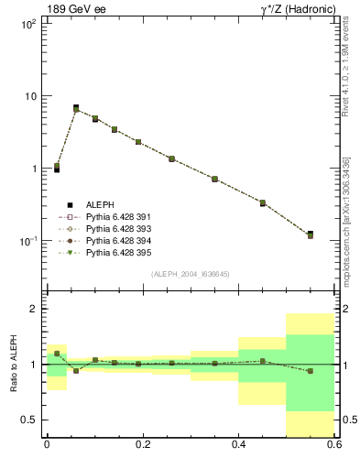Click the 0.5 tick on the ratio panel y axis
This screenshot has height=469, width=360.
click(x=29, y=420)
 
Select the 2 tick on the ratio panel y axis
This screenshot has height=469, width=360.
click(x=34, y=310)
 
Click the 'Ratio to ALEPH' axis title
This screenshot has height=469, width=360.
click(x=12, y=364)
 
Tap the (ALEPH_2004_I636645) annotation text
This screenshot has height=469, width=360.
click(x=190, y=274)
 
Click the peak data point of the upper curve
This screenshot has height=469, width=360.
click(x=76, y=109)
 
